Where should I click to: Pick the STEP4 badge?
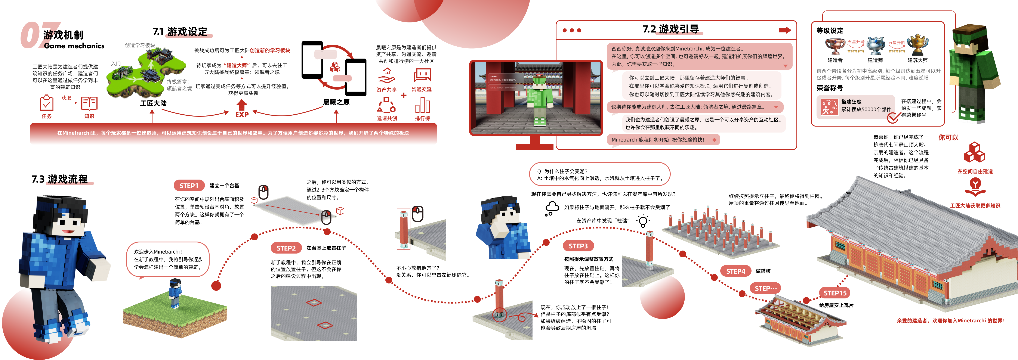[735, 271]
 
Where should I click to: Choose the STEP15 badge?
[835, 293]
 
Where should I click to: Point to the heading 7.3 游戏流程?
[60, 179]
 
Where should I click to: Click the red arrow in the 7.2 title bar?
[784, 30]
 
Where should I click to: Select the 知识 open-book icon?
[89, 103]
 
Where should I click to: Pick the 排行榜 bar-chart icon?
[422, 106]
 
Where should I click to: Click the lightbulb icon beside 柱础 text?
[643, 221]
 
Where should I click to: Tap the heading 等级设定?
[830, 30]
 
